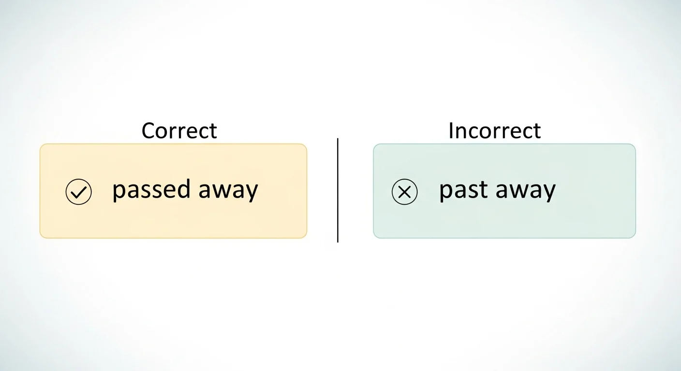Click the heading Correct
(x=179, y=131)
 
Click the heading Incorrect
(x=494, y=131)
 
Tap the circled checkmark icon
(x=78, y=192)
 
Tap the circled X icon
(x=404, y=192)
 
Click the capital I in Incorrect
(x=451, y=131)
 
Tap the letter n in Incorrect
(x=460, y=132)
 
